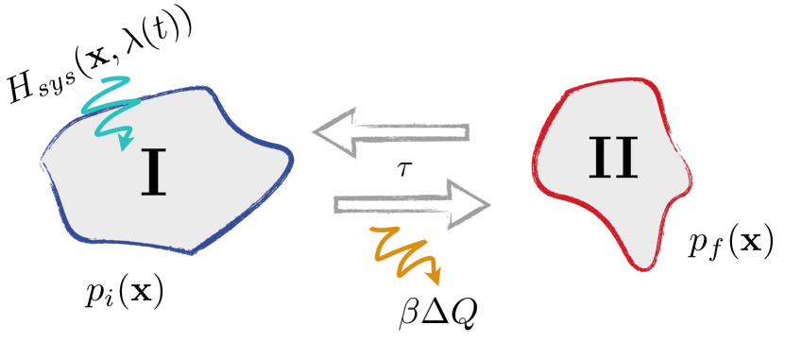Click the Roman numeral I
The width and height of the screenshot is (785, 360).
point(153,174)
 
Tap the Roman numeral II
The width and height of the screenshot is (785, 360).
point(613,158)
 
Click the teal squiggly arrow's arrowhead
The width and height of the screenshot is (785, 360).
point(125,143)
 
